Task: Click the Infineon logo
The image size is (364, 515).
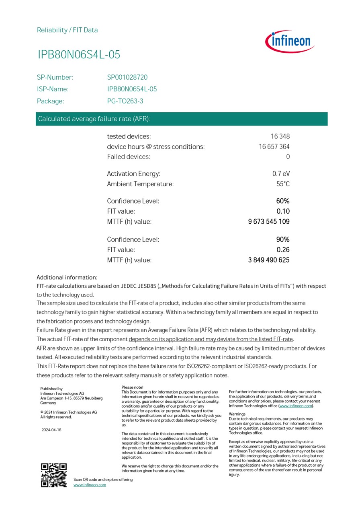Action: pyautogui.click(x=290, y=41)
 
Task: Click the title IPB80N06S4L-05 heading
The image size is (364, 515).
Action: pyautogui.click(x=79, y=55)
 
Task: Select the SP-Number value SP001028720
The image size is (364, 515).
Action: pyautogui.click(x=127, y=77)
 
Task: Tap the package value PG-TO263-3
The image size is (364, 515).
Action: pyautogui.click(x=125, y=101)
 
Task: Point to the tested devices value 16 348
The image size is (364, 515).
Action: pyautogui.click(x=280, y=136)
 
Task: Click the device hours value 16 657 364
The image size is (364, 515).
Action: pyautogui.click(x=274, y=146)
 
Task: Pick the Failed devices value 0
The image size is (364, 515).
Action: pyautogui.click(x=288, y=157)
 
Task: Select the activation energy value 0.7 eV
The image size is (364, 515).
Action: pyautogui.click(x=281, y=174)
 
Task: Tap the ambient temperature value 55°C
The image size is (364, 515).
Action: pyautogui.click(x=283, y=184)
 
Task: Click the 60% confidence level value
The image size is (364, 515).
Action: pyautogui.click(x=283, y=201)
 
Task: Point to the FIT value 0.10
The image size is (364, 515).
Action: pyautogui.click(x=283, y=211)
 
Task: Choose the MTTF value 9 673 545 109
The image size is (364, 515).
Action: pyautogui.click(x=269, y=221)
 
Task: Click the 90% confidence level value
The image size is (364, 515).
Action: pyautogui.click(x=283, y=239)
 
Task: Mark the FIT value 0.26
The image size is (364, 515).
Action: pyautogui.click(x=283, y=249)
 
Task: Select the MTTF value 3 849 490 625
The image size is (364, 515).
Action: pyautogui.click(x=269, y=260)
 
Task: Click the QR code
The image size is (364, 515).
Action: pyautogui.click(x=54, y=475)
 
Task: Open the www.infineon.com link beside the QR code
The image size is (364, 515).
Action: pyautogui.click(x=90, y=485)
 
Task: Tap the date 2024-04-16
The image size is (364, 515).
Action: pyautogui.click(x=51, y=430)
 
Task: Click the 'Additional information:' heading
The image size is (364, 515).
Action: pyautogui.click(x=67, y=277)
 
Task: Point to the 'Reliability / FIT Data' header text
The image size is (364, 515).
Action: pyautogui.click(x=67, y=30)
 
